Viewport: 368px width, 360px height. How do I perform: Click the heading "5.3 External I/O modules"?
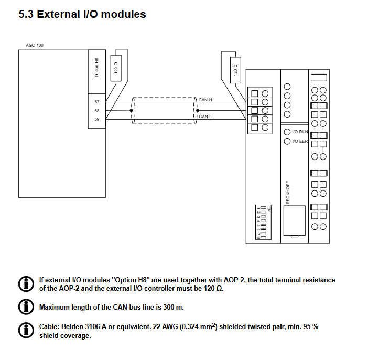click(x=82, y=15)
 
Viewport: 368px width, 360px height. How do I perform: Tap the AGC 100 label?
click(x=35, y=45)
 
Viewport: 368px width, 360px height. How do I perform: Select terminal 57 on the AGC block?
click(x=96, y=102)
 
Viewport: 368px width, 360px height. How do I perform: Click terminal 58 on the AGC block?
click(x=96, y=111)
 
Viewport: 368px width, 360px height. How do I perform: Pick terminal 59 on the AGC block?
click(x=96, y=120)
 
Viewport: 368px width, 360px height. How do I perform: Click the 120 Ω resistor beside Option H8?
click(x=116, y=68)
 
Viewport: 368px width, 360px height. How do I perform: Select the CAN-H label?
click(x=205, y=99)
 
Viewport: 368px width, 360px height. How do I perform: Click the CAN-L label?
click(x=205, y=117)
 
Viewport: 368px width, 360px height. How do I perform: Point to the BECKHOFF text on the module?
click(x=288, y=193)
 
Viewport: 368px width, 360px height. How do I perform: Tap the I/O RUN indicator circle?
click(x=287, y=132)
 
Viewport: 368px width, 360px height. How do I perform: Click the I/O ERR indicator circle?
click(x=287, y=142)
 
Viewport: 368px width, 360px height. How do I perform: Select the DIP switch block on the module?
click(x=263, y=223)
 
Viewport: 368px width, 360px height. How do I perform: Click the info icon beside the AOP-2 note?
click(x=25, y=284)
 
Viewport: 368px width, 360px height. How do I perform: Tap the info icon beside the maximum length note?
click(x=25, y=306)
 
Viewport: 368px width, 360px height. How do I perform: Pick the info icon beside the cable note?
click(x=25, y=330)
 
